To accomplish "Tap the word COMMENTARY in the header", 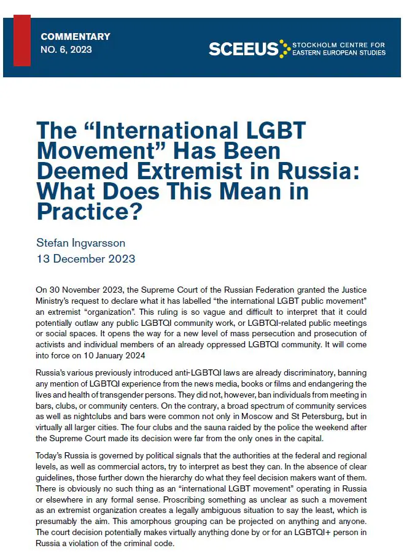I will pyautogui.click(x=76, y=37).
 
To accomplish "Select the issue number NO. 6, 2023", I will pyautogui.click(x=66, y=50).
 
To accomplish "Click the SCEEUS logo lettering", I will pyautogui.click(x=243, y=49).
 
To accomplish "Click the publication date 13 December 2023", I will pyautogui.click(x=87, y=258).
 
